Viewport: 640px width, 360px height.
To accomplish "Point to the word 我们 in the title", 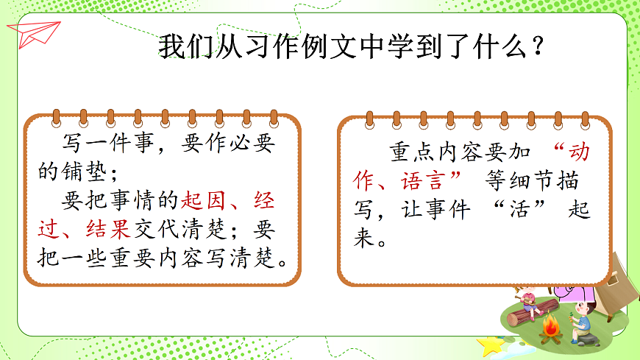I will (x=178, y=48).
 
